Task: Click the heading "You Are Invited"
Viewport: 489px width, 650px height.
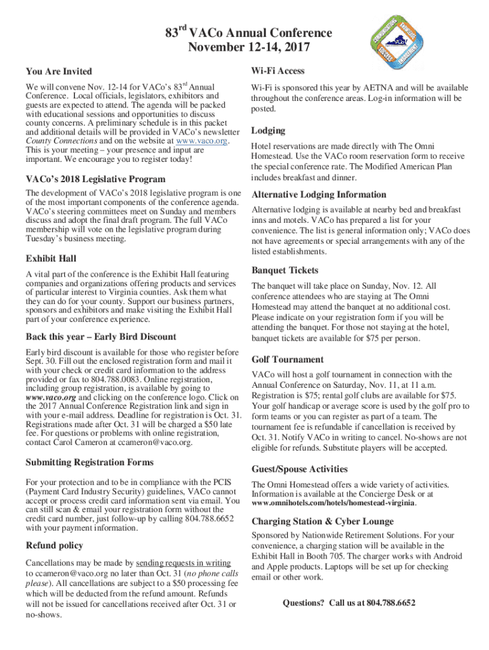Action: [x=58, y=71]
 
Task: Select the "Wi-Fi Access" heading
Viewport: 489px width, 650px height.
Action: [x=278, y=70]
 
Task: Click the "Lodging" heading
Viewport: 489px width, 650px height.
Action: [x=268, y=130]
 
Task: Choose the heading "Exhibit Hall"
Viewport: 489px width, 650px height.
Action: [x=51, y=258]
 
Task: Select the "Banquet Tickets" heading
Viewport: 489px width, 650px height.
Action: [x=285, y=270]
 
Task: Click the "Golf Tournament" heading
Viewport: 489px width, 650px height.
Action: [x=287, y=359]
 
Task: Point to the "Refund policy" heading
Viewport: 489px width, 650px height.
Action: [x=54, y=545]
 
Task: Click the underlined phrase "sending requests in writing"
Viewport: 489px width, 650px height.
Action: [x=183, y=562]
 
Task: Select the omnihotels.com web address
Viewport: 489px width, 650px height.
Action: [x=334, y=503]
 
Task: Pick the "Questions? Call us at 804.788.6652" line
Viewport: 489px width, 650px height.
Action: [x=349, y=602]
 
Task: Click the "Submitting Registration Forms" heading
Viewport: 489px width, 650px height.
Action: [x=89, y=461]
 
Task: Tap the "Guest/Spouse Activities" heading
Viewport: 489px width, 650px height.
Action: [x=299, y=469]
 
